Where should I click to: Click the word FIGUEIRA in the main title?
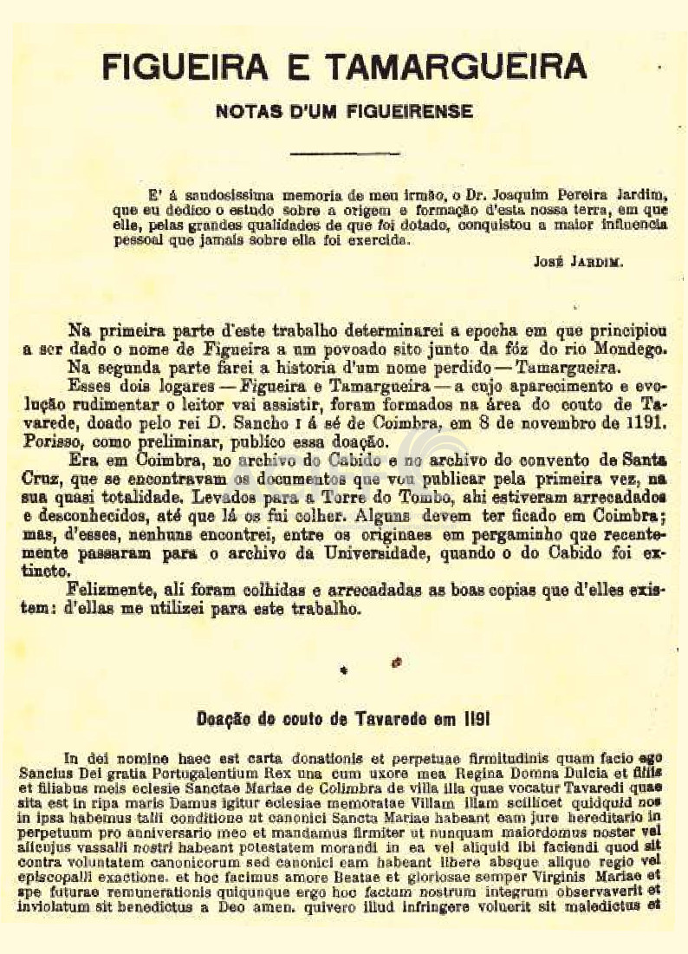(179, 65)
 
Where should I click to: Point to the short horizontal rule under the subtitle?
(343, 154)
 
